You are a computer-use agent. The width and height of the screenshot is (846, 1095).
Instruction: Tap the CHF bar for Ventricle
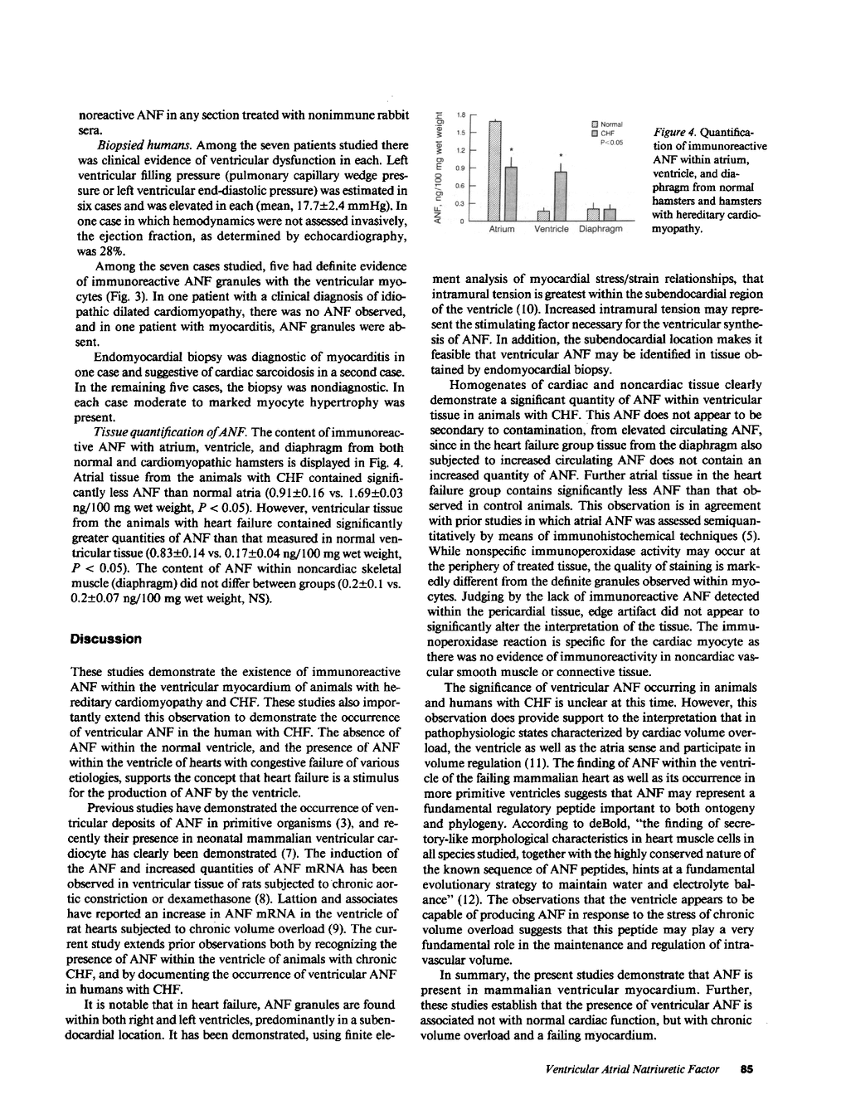(560, 196)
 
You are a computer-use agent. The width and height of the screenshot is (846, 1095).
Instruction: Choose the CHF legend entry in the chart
(602, 134)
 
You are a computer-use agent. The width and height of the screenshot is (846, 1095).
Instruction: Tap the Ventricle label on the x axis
(552, 229)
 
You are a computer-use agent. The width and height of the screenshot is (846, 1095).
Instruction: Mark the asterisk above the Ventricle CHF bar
(561, 156)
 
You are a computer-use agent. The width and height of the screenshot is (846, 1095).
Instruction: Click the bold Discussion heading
(106, 639)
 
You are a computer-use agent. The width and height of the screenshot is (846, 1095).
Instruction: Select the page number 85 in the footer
(746, 1068)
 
